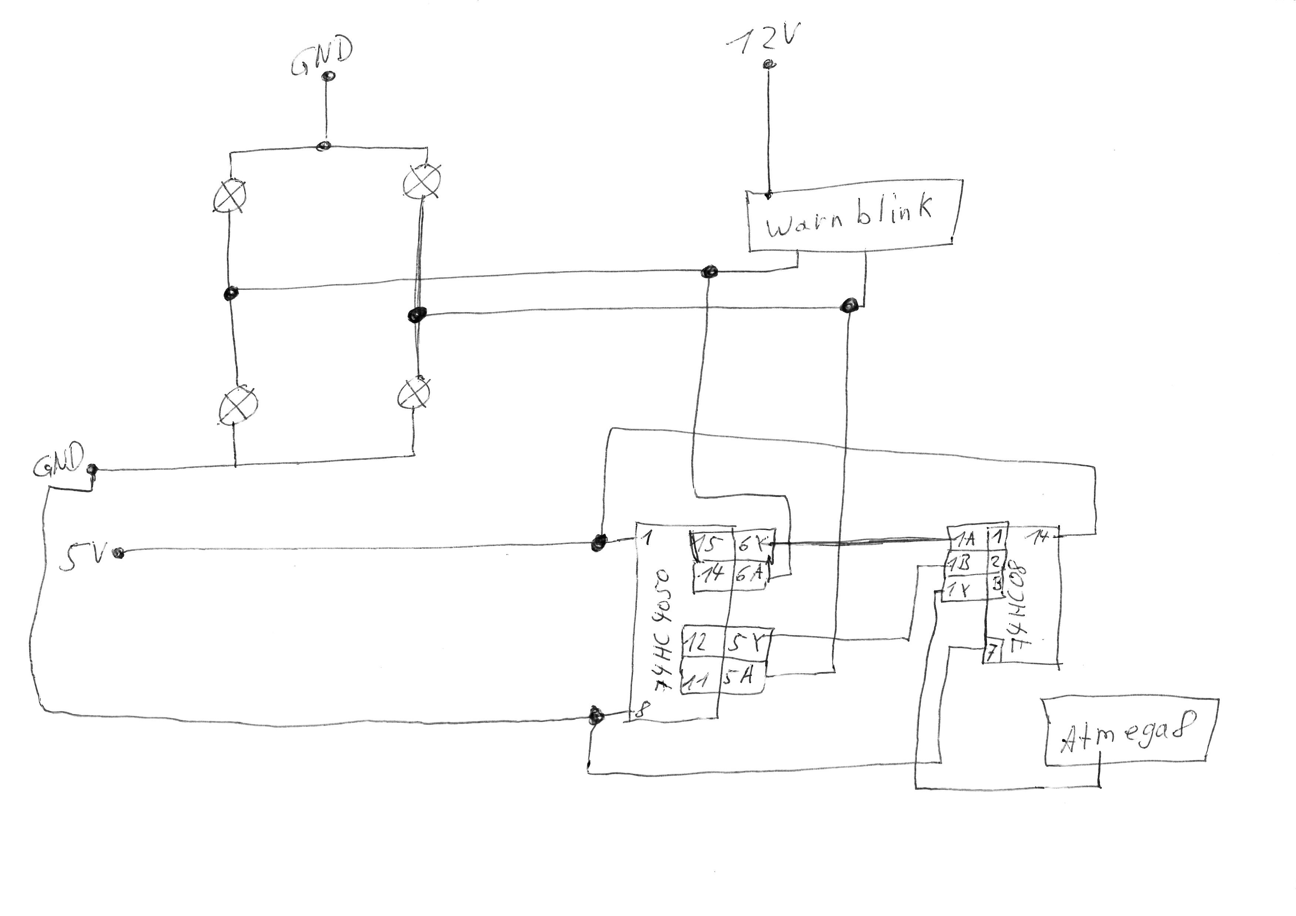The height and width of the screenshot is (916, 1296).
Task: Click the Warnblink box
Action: point(852,217)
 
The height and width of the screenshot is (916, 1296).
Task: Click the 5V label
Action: point(82,556)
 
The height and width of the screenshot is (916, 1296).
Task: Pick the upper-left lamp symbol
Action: point(230,196)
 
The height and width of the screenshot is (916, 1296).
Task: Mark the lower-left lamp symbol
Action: point(238,405)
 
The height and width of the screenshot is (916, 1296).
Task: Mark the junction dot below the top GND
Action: point(325,146)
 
